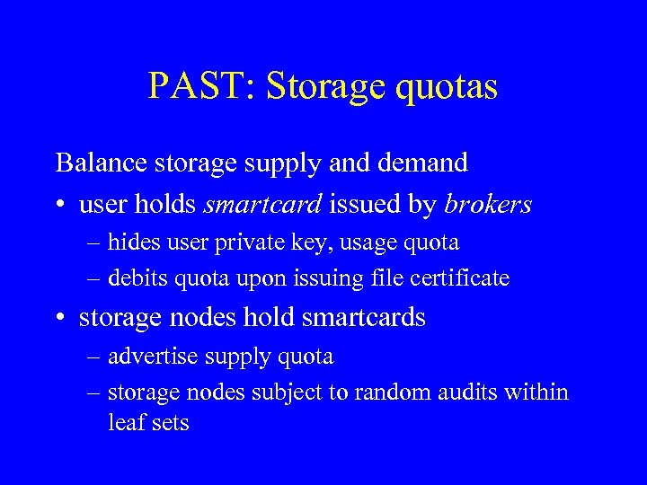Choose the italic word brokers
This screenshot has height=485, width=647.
click(x=488, y=205)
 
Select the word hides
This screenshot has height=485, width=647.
click(x=130, y=242)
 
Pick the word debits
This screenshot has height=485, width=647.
click(x=134, y=278)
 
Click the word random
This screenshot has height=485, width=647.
click(x=388, y=392)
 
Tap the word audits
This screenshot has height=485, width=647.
click(x=456, y=392)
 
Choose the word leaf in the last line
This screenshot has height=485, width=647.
click(x=123, y=422)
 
